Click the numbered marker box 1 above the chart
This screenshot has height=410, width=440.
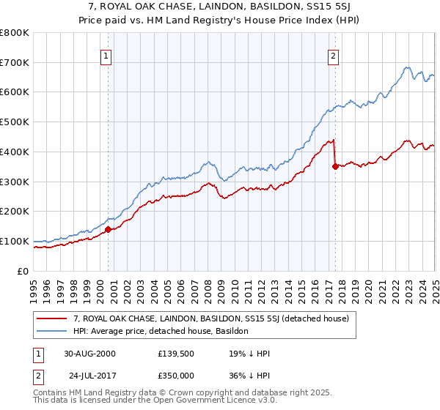(x=106, y=56)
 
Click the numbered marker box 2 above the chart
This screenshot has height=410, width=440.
(x=334, y=56)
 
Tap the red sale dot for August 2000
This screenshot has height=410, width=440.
(x=109, y=229)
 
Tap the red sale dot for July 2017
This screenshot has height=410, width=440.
(x=335, y=166)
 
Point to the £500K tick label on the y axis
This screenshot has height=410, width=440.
(x=15, y=122)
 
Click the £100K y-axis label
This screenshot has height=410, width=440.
(x=15, y=241)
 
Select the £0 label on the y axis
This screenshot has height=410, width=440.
(x=22, y=271)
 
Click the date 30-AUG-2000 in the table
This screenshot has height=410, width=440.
(x=89, y=353)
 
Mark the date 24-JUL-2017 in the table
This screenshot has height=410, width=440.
(x=89, y=375)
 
